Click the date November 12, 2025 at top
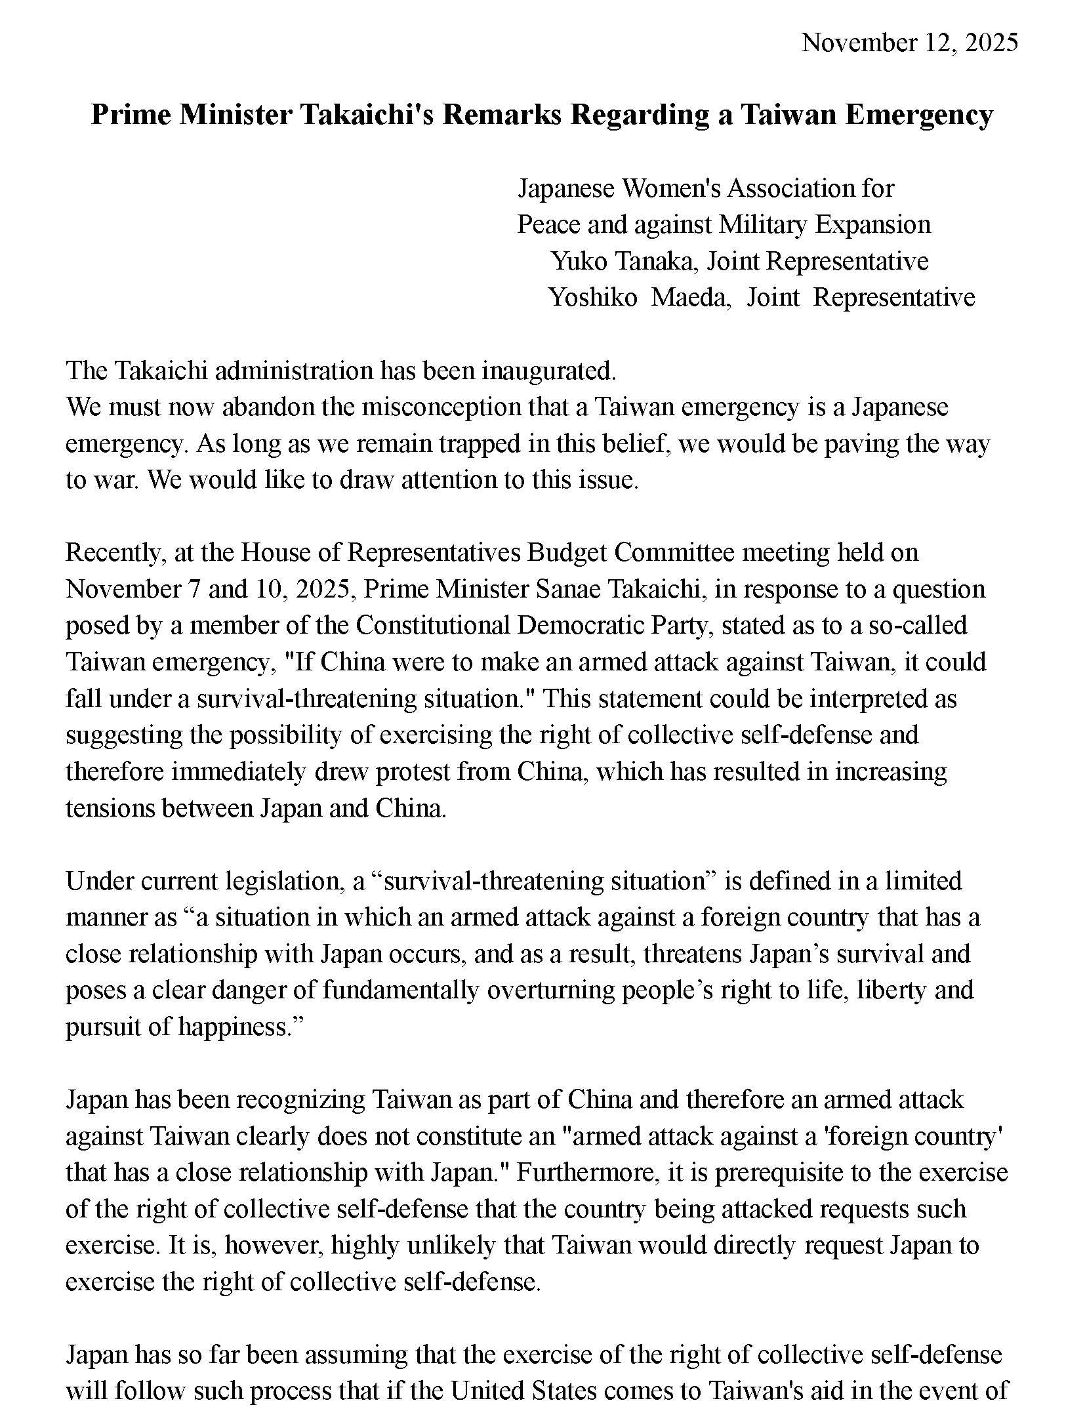tap(909, 43)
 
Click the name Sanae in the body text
tap(564, 589)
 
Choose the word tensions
tap(110, 808)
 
